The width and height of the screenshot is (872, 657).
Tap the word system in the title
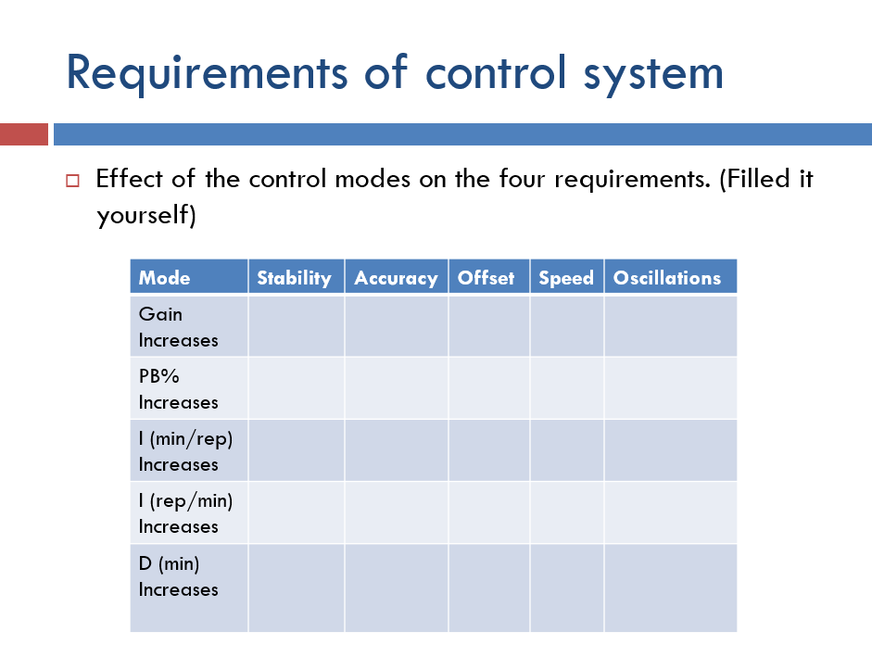pos(652,73)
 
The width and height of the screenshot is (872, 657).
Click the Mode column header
pos(164,277)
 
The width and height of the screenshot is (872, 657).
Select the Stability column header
pos(294,277)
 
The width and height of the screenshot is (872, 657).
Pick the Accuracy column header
pos(396,277)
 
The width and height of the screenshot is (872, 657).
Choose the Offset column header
pos(486,277)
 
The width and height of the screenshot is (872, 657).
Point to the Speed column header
pos(566,277)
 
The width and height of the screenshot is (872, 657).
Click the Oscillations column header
pos(667,277)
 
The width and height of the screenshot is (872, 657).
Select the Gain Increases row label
pos(178,327)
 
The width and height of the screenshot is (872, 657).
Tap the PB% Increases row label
pos(178,389)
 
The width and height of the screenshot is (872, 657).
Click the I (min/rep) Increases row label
pos(185,451)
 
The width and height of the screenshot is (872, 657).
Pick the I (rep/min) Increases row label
pos(185,513)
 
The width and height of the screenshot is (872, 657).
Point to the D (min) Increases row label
pos(178,575)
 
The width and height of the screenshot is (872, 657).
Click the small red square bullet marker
pos(73,180)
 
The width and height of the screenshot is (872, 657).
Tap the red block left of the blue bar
pos(23,134)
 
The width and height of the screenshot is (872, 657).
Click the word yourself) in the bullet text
pos(146,215)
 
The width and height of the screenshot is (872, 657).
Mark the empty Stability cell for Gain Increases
pos(296,326)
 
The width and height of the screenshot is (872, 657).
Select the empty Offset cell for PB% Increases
pos(488,388)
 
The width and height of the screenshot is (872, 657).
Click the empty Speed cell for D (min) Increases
pos(566,588)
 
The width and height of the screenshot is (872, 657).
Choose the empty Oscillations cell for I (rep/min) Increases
pos(670,512)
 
